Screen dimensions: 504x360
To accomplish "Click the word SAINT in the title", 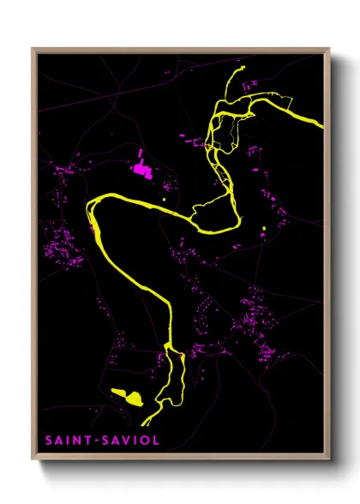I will (64, 441).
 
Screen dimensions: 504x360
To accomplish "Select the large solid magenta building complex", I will (141, 169).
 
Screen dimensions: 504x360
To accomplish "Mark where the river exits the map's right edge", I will (322, 125).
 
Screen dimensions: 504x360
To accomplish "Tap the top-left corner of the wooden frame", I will (33, 49).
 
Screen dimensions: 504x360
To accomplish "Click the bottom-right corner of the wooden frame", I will (330, 460).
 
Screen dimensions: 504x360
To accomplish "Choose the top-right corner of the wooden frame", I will (330, 49).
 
